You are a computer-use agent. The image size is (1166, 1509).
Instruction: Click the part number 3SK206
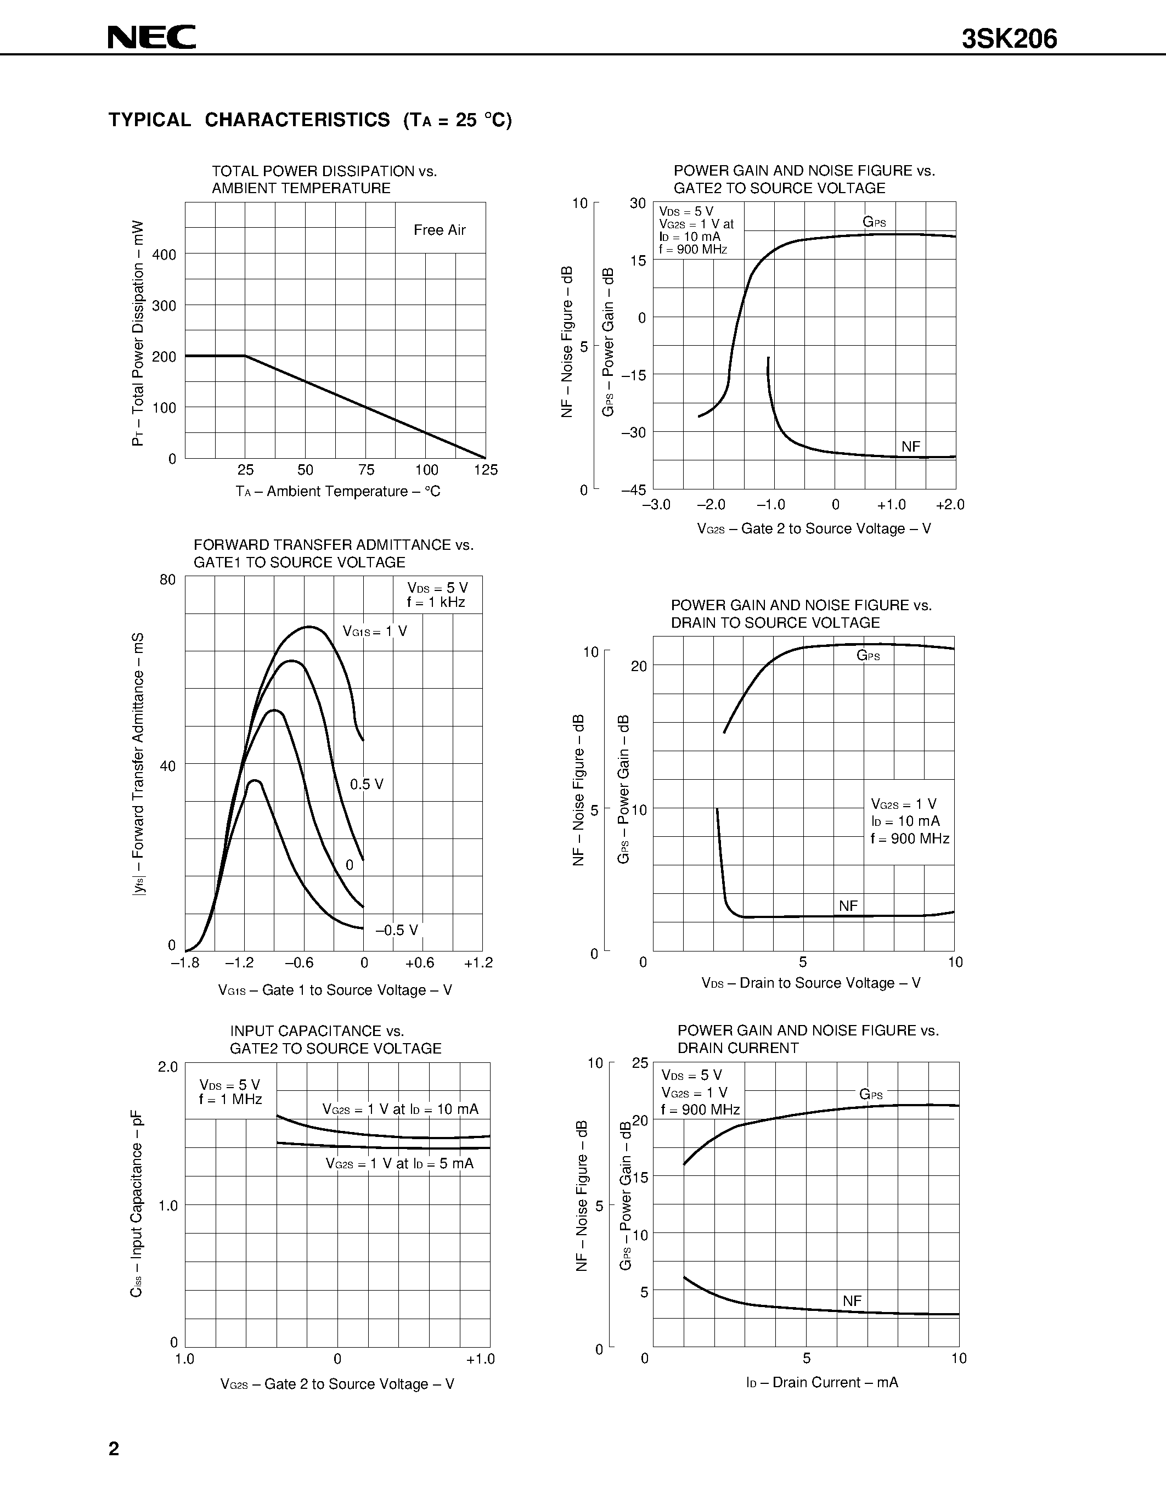(1009, 40)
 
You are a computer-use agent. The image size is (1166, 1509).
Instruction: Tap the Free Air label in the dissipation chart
(440, 230)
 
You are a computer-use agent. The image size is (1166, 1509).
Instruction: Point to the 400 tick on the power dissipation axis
(165, 255)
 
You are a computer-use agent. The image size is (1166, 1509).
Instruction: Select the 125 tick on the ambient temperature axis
(486, 470)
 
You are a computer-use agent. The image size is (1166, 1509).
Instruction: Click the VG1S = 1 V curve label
(375, 632)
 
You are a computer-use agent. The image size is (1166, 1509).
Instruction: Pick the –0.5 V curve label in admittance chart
(397, 930)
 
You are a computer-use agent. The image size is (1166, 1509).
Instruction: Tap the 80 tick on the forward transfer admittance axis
(168, 579)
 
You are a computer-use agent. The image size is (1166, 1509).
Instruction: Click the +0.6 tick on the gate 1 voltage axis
(419, 963)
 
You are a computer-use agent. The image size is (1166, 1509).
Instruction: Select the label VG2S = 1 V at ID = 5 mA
(400, 1163)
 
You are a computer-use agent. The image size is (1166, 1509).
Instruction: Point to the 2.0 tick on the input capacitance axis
(168, 1067)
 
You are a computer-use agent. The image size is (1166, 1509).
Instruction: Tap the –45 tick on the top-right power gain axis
(633, 490)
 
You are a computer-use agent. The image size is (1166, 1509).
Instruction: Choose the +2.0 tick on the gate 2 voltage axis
(950, 505)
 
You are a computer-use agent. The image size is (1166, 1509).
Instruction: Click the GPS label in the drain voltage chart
(868, 656)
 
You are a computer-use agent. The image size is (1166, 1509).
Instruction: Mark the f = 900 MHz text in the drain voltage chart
(910, 839)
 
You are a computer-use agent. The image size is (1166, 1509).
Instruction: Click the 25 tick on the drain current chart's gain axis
(640, 1063)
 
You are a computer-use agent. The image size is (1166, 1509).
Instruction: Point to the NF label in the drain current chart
(852, 1301)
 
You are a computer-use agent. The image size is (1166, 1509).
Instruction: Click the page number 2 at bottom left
(114, 1449)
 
